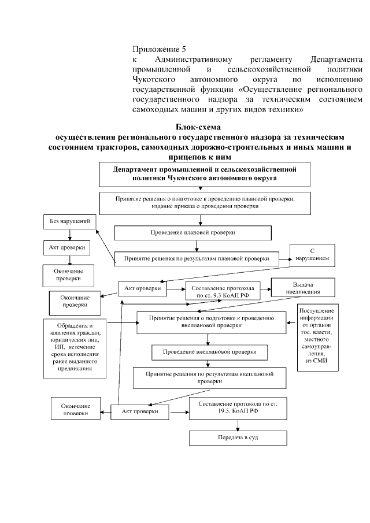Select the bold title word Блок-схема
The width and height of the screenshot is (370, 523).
[198, 127]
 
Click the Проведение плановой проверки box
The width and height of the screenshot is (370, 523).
[193, 232]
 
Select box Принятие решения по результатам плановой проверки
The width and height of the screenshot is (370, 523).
[196, 258]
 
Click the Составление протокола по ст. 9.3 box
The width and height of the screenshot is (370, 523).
[222, 291]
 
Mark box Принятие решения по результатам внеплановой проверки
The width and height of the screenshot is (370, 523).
[211, 377]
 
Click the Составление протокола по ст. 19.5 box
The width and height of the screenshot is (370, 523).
[238, 409]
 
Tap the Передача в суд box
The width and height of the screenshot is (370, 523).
[238, 438]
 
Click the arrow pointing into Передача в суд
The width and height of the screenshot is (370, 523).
[238, 426]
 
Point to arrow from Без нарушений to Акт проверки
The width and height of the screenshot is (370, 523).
[69, 235]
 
